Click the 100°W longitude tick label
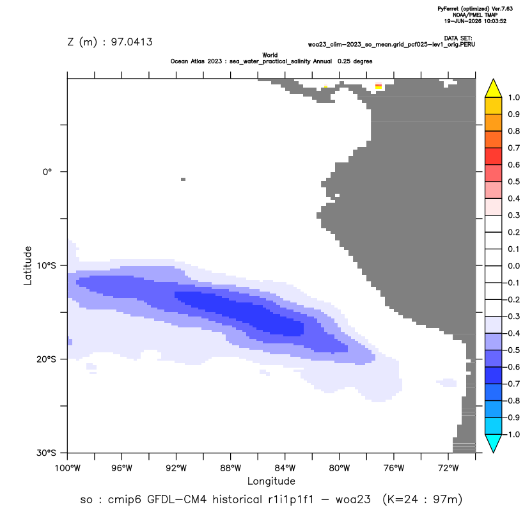click(68, 468)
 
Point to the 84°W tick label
click(285, 468)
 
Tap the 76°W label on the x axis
click(394, 468)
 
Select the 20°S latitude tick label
click(46, 359)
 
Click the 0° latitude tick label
click(47, 171)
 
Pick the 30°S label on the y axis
click(46, 453)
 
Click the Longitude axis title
click(271, 481)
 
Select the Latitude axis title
click(27, 265)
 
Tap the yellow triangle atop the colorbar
click(494, 88)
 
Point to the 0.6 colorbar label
click(513, 165)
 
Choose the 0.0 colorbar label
click(513, 266)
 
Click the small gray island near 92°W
click(184, 179)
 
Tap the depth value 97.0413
click(132, 42)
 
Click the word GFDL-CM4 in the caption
click(176, 499)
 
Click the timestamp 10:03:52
click(495, 21)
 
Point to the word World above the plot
click(270, 55)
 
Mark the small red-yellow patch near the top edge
click(379, 86)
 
